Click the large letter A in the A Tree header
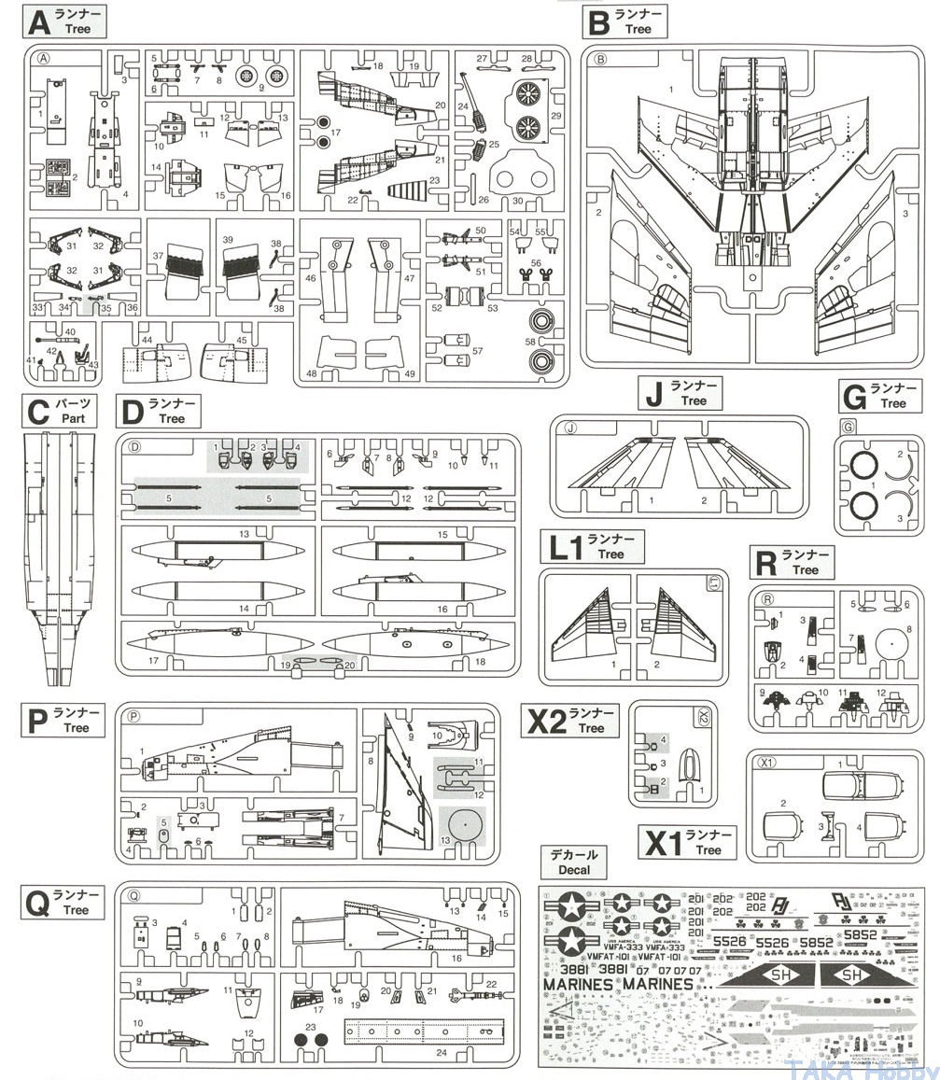click(43, 21)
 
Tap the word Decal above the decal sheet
click(574, 870)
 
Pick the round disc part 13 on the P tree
click(464, 825)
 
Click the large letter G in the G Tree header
click(855, 396)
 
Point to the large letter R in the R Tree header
click(765, 563)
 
